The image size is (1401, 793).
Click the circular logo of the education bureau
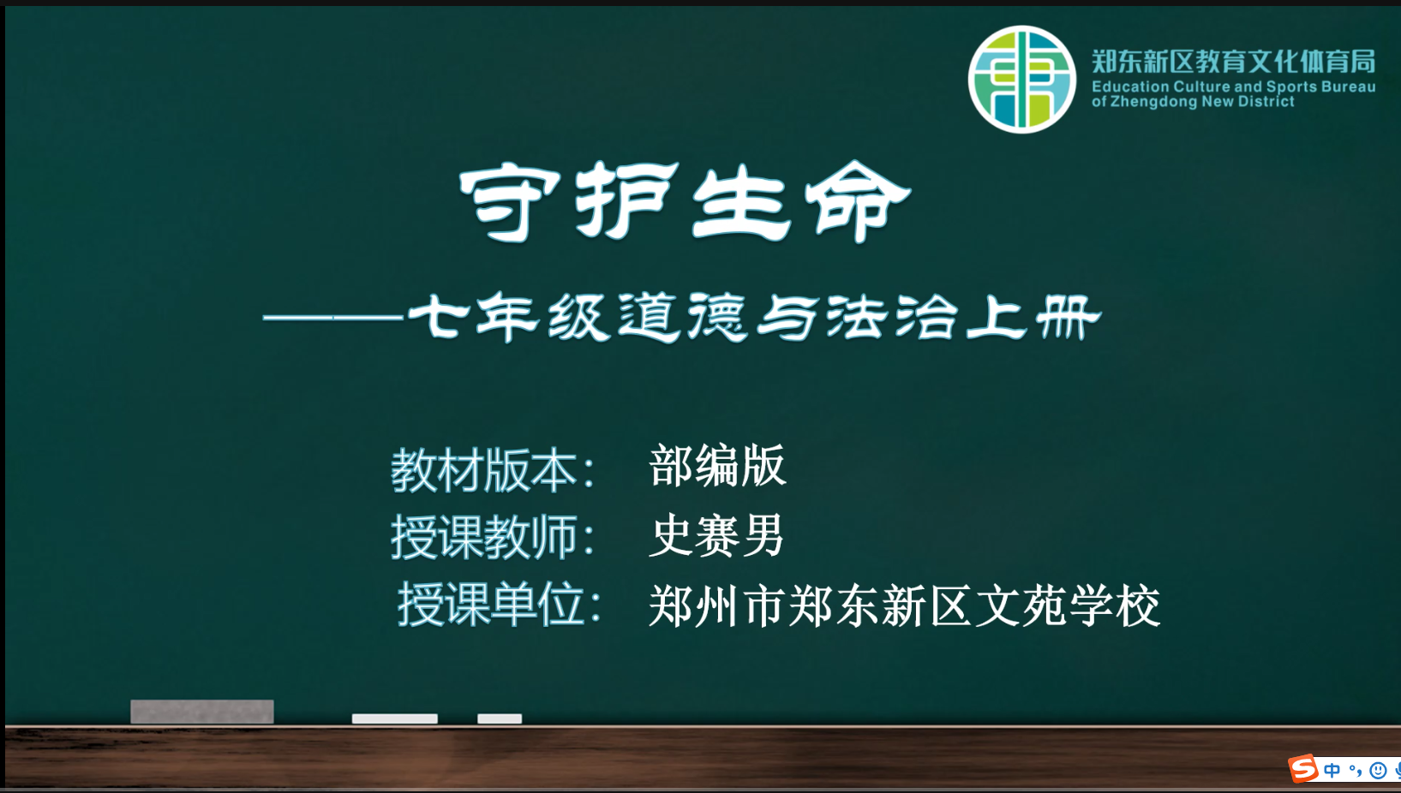1022,80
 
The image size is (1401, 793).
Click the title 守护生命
685,201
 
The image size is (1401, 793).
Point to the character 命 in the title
858,201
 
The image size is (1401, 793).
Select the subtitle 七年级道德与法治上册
754,317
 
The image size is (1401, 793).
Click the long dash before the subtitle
332,318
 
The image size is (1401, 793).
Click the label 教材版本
484,470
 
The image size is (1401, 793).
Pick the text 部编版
717,466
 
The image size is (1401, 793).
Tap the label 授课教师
484,537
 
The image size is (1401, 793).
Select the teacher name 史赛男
716,535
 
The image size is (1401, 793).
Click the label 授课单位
492,604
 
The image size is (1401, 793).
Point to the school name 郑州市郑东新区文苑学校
904,605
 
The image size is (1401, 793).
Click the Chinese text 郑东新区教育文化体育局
1233,62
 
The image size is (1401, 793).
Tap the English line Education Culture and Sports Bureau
1233,86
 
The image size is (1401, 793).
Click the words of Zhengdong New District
1193,102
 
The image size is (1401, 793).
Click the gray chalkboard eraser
202,712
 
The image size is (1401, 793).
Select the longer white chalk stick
395,718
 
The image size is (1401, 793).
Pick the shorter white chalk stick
499,718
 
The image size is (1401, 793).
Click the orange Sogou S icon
1303,769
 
